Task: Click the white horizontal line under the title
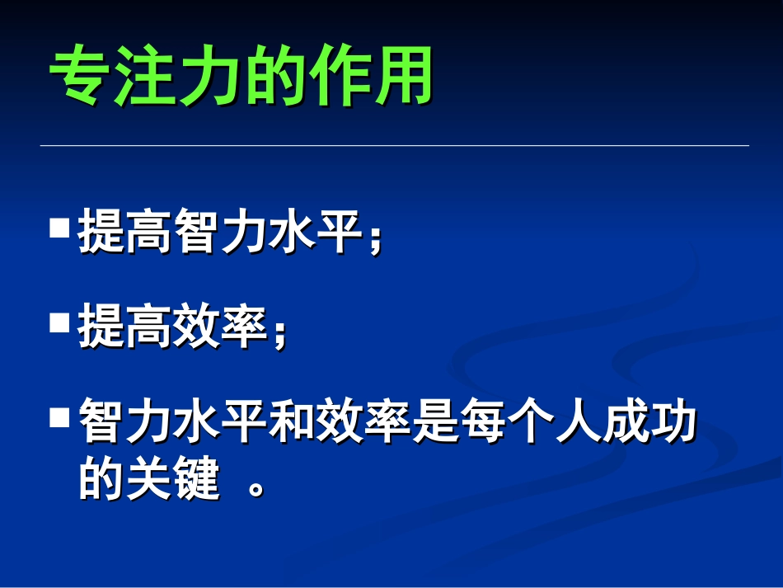(394, 146)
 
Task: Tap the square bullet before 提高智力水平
(59, 227)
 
